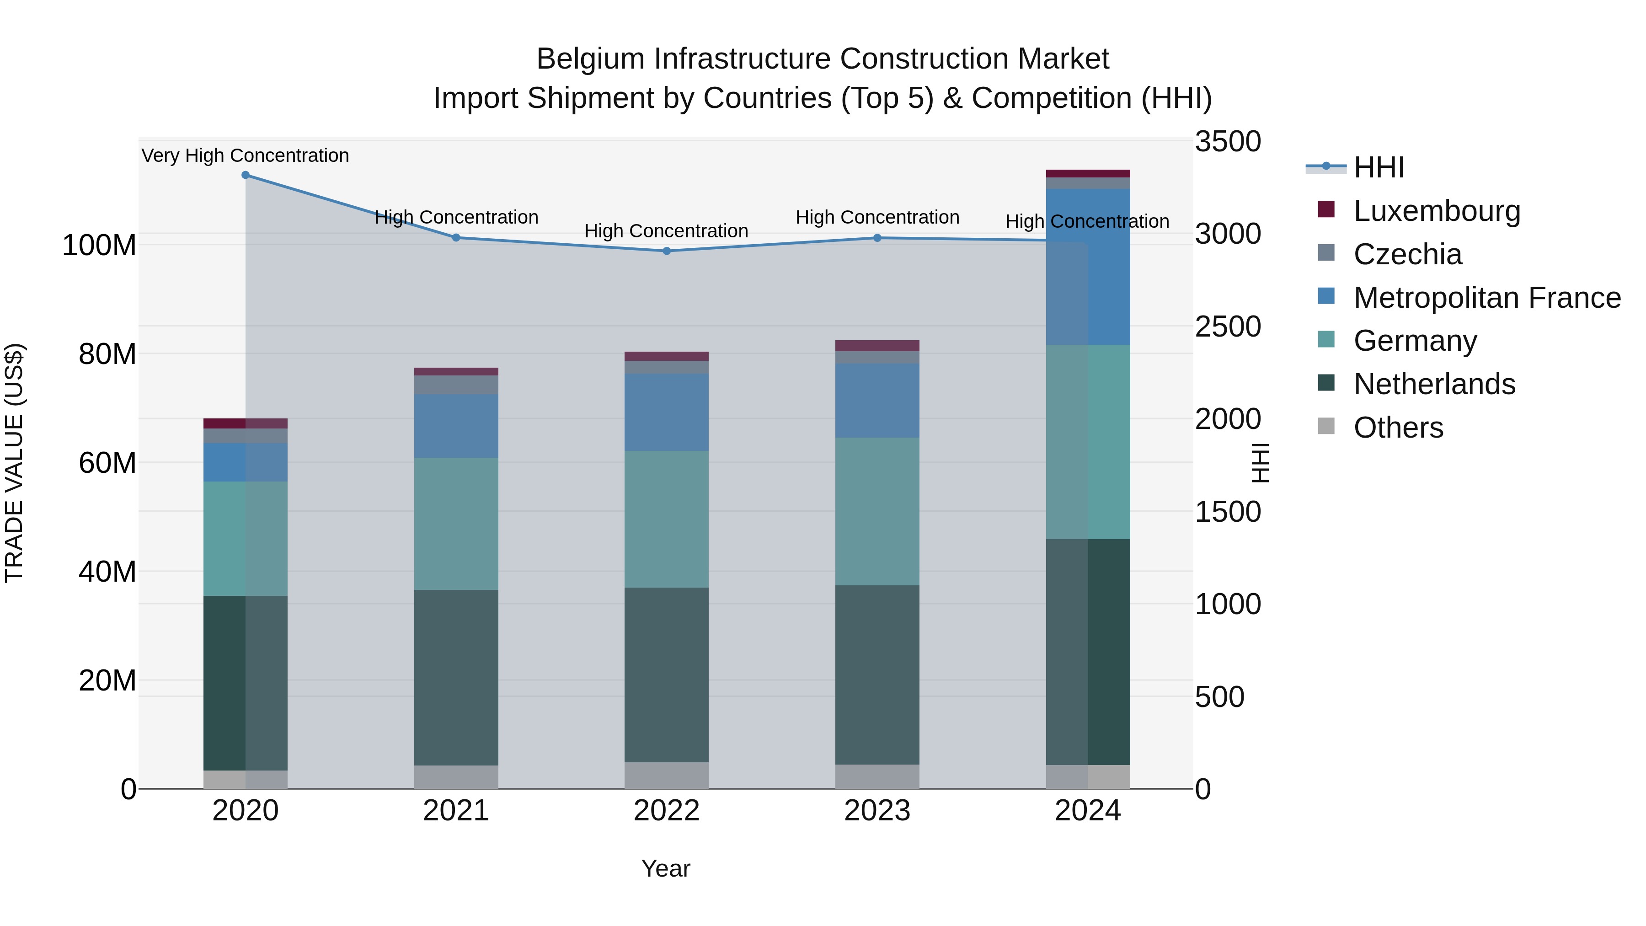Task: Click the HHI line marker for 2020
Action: point(246,175)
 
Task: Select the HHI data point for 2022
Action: point(667,251)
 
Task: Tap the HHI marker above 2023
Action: point(877,238)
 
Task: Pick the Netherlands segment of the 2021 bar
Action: point(456,677)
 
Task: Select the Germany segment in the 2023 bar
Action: point(877,511)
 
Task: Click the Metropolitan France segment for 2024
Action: point(1088,267)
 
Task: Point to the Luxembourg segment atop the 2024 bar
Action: point(1088,173)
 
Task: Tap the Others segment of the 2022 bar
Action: point(667,775)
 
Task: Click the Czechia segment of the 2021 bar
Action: point(456,385)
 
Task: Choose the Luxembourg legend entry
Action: point(1437,211)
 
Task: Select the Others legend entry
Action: point(1398,428)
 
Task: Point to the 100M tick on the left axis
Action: point(99,246)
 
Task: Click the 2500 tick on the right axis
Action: point(1228,327)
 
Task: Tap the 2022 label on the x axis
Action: point(667,811)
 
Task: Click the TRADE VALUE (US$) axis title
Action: point(14,463)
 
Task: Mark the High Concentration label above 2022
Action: point(667,231)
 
